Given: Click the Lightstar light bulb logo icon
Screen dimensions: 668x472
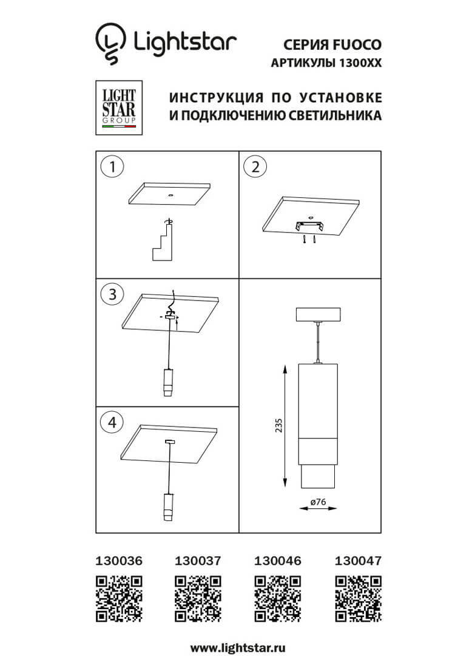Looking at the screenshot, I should [110, 43].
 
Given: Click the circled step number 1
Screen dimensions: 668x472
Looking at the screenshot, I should [112, 167].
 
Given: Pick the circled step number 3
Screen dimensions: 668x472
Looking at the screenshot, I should [112, 295].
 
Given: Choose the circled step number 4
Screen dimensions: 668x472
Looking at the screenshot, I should [112, 423].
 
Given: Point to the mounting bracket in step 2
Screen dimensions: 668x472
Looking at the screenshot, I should [309, 226].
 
